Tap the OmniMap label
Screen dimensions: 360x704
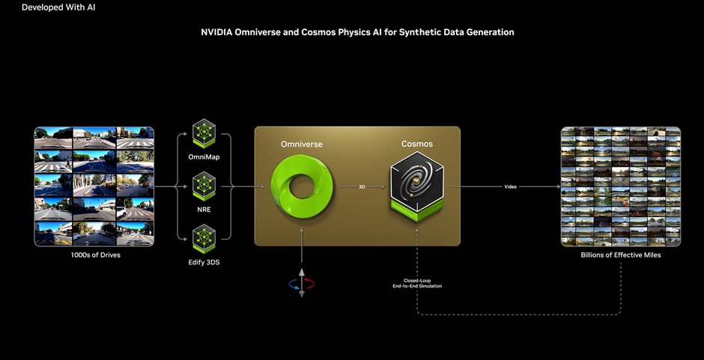point(204,156)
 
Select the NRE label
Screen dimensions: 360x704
point(204,210)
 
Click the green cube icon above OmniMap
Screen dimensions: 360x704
point(204,133)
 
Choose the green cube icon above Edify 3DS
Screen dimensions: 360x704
point(204,237)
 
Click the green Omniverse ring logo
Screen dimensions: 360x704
point(300,186)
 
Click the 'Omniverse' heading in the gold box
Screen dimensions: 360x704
point(301,143)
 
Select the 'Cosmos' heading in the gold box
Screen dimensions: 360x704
point(417,143)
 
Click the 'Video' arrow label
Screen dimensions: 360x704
point(510,187)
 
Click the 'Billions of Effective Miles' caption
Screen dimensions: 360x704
point(621,255)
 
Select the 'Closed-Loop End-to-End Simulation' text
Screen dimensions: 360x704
point(417,283)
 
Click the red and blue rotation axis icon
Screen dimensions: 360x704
point(302,284)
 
